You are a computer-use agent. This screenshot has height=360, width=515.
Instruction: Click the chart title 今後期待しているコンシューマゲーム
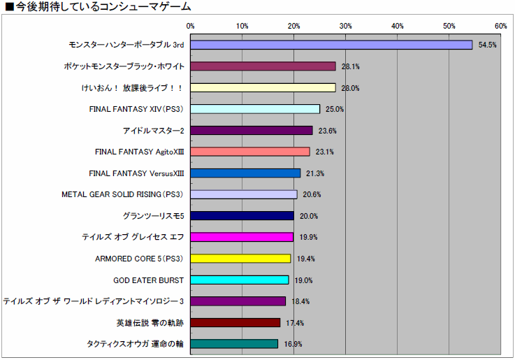(x=99, y=8)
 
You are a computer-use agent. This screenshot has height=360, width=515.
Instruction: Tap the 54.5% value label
(x=487, y=45)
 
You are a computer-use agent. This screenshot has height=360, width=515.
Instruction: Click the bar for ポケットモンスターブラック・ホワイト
(x=263, y=66)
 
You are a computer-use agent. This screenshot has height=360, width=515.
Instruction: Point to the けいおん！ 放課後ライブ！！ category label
(x=132, y=88)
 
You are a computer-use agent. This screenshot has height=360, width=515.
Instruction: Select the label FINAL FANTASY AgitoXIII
(x=139, y=152)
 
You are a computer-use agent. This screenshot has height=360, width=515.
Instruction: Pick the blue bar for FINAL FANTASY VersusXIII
(x=245, y=173)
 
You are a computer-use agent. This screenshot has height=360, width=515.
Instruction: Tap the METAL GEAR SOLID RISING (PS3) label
(x=122, y=194)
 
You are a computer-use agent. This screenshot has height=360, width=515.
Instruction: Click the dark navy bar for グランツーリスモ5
(x=242, y=216)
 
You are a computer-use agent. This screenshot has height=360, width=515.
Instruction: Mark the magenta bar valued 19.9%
(x=242, y=237)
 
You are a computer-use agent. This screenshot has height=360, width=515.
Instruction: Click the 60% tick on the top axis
(x=500, y=26)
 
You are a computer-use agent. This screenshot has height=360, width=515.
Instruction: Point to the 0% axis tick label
(x=190, y=26)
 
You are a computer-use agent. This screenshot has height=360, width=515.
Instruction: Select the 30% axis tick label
(x=345, y=26)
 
